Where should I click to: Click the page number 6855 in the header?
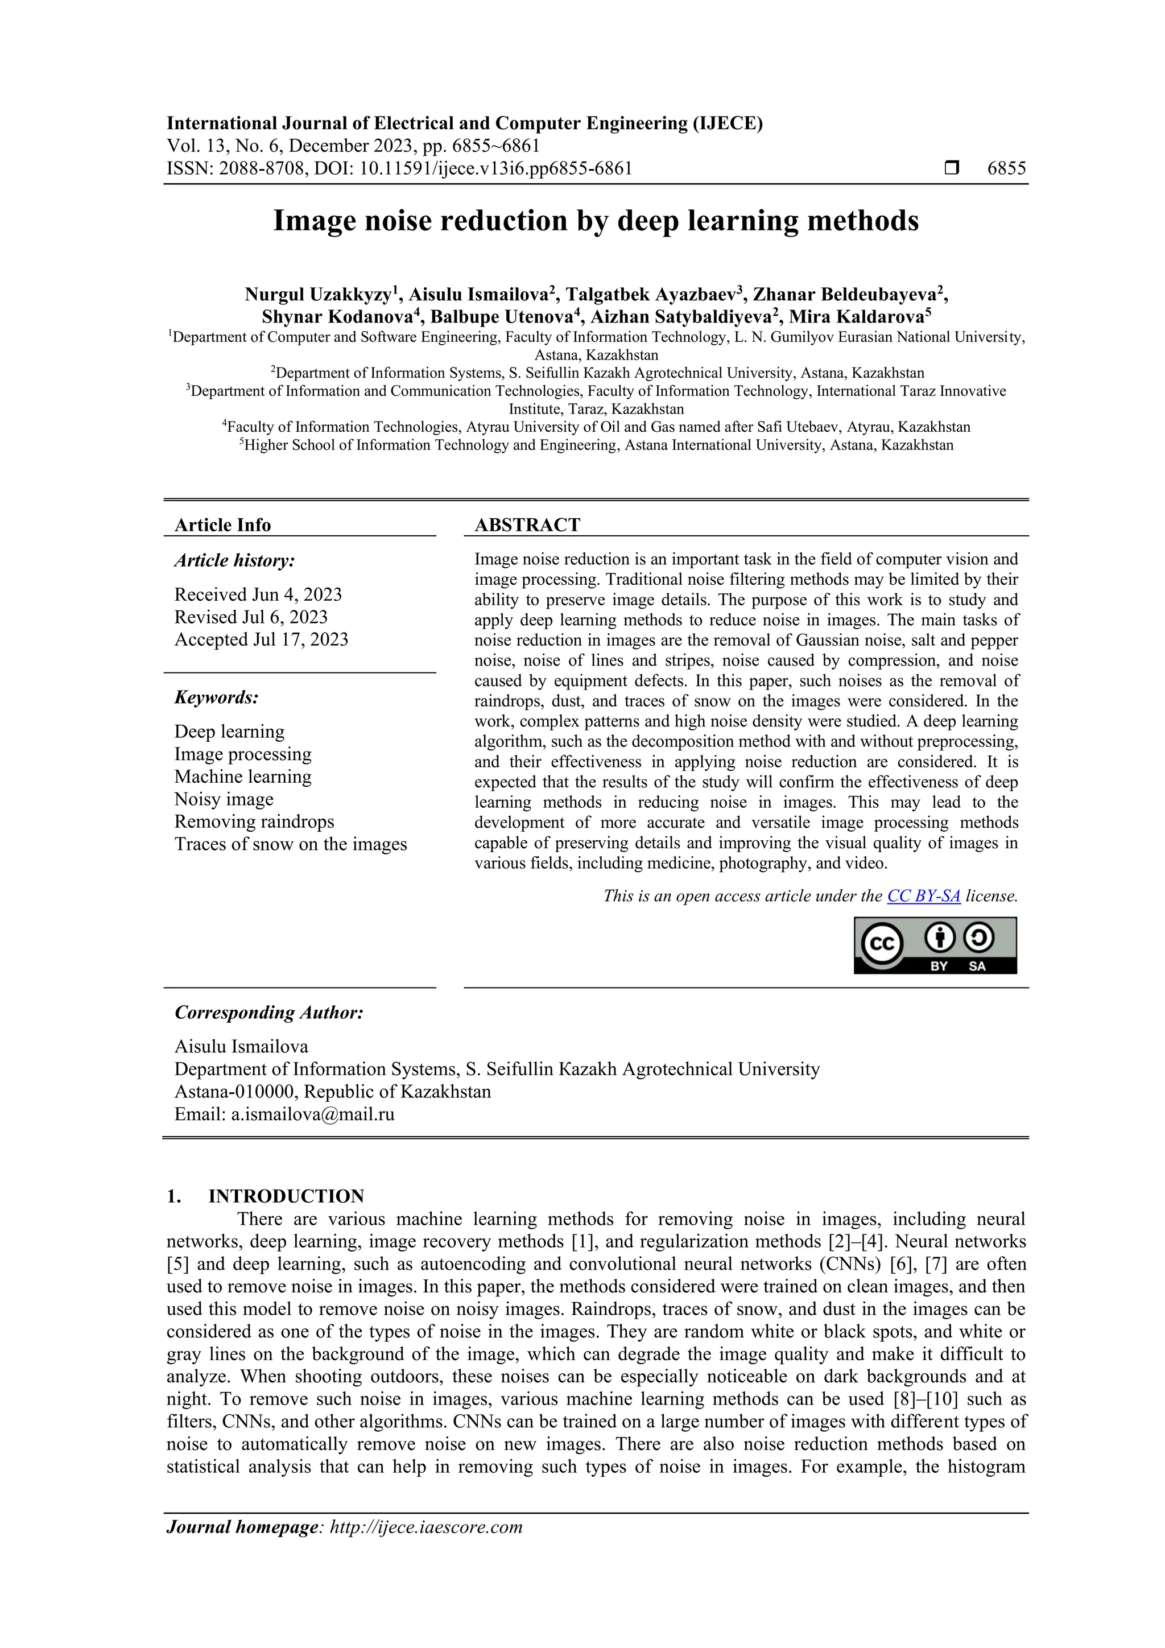[x=1006, y=169]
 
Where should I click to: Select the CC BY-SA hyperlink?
[x=923, y=896]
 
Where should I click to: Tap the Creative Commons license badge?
[x=935, y=945]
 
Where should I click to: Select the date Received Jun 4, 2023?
[x=258, y=594]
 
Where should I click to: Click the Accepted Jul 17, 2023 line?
[x=261, y=639]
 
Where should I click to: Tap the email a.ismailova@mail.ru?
[x=312, y=1114]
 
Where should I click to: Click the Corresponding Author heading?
[x=269, y=1012]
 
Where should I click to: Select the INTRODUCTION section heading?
[x=286, y=1196]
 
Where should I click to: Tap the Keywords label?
[x=217, y=697]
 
